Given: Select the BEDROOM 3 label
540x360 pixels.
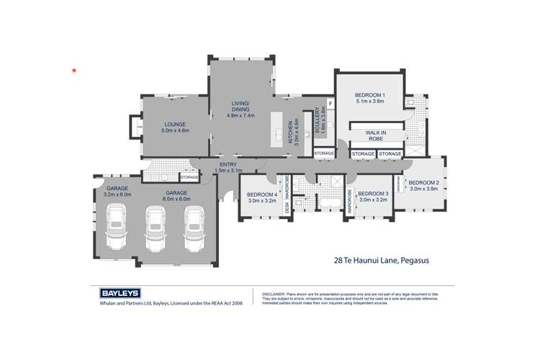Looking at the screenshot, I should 373,194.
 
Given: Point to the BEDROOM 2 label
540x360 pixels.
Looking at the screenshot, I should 423,183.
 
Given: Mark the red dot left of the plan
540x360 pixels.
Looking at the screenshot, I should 74,71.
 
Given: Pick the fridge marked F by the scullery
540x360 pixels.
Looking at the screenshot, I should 329,104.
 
